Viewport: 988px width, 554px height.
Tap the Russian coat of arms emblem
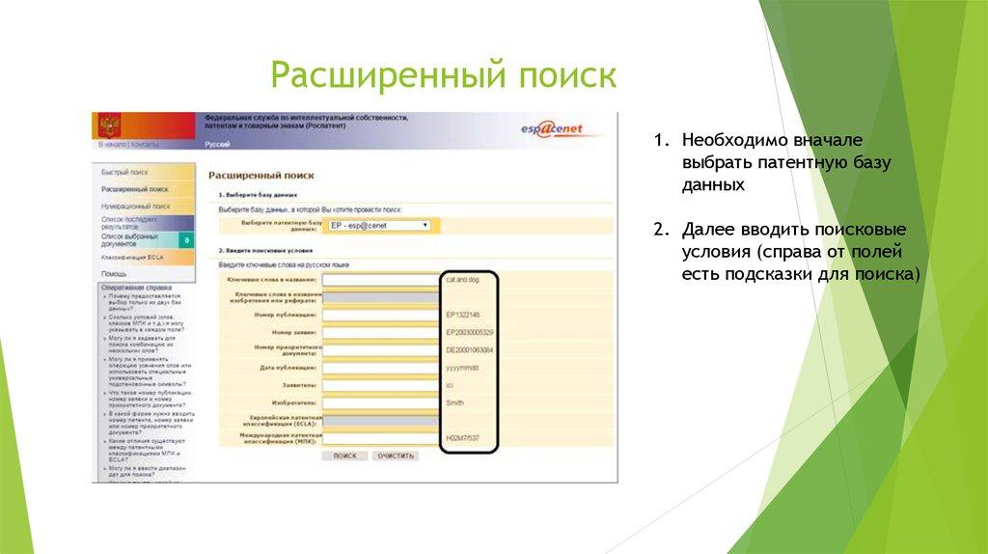(x=107, y=125)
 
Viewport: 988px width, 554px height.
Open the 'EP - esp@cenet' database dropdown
(x=379, y=225)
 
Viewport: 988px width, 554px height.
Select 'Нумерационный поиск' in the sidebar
(x=136, y=206)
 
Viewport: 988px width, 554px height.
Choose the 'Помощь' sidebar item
(x=115, y=273)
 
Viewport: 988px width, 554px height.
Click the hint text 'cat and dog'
(x=461, y=280)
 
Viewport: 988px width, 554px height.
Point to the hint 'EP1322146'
(x=463, y=315)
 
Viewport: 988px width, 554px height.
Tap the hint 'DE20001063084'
(x=470, y=349)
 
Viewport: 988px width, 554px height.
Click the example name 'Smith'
(x=455, y=402)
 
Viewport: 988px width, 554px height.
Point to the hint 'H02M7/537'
(x=463, y=438)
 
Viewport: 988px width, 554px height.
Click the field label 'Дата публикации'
(x=288, y=368)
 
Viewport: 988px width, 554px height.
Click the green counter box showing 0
(x=184, y=239)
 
